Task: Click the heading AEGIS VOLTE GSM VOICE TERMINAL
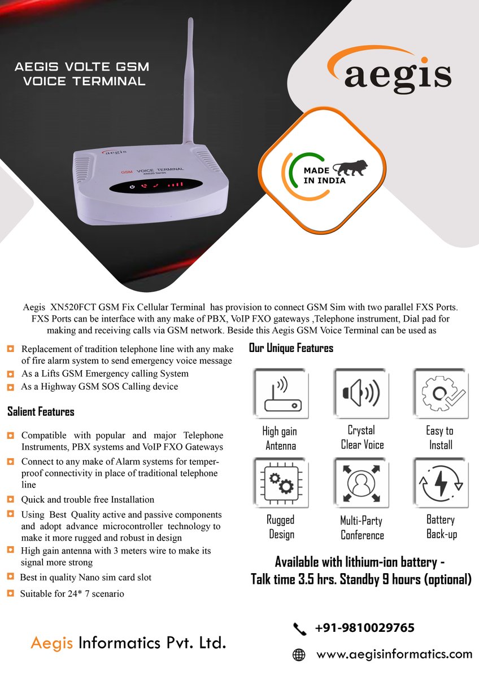point(82,74)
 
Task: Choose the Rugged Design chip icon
point(280,482)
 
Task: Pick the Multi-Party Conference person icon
point(361,482)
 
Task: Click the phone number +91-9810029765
point(364,628)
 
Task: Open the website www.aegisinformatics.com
point(394,654)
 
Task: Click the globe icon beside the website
point(299,655)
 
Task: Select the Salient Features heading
point(41,412)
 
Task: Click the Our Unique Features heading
point(291,348)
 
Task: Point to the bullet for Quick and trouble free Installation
point(11,499)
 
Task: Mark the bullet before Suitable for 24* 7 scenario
point(11,593)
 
